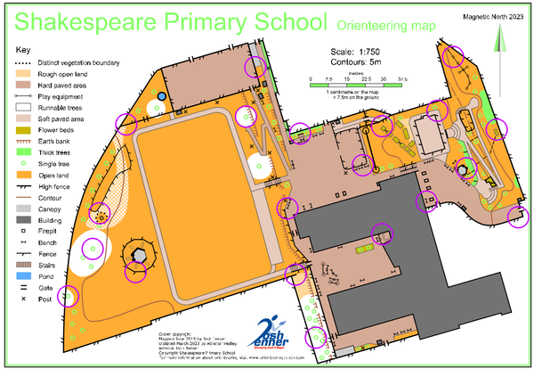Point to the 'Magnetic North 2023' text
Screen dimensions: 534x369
493,17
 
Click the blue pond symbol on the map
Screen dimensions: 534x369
162,95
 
